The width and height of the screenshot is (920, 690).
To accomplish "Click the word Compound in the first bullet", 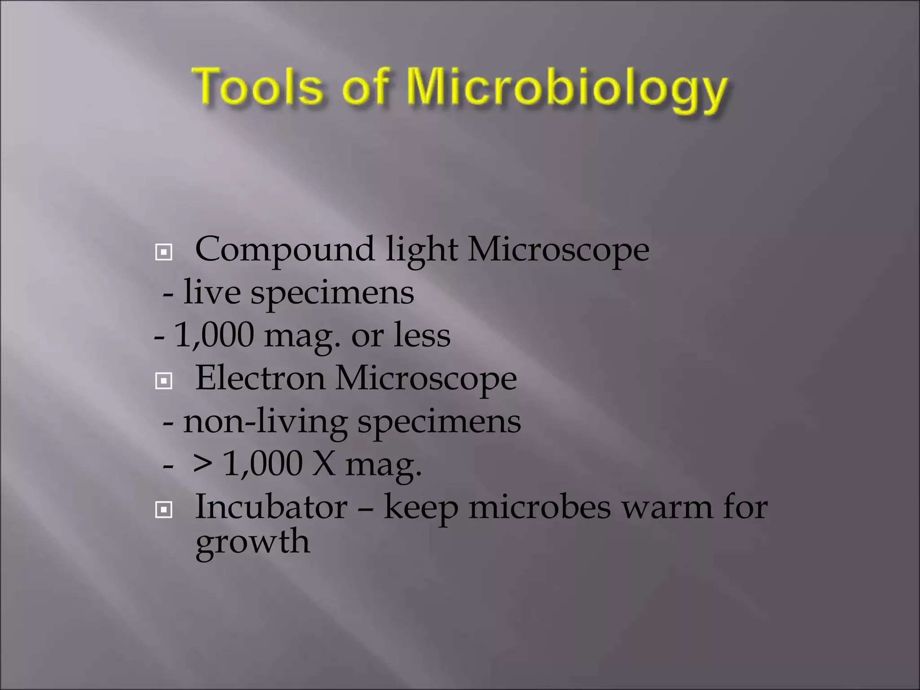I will point(284,250).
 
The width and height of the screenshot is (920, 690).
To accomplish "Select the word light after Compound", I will point(421,250).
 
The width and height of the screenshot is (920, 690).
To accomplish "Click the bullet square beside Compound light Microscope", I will point(164,252).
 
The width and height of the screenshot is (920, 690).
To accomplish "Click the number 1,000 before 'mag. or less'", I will point(214,335).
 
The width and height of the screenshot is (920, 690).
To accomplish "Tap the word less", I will point(422,335).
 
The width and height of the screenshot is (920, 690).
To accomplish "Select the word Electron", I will point(260,378).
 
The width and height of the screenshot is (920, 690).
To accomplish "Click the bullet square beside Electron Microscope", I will point(164,381).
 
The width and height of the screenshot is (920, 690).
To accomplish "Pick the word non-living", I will point(265,422).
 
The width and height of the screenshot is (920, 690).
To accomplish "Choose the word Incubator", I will point(271,507).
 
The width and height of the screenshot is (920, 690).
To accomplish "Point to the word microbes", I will point(540,507).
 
